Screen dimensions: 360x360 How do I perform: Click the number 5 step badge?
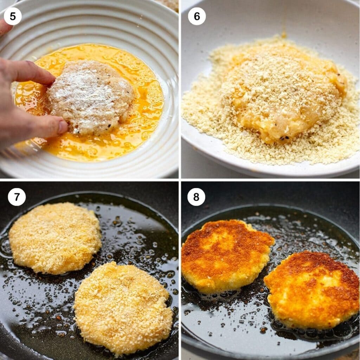pyautogui.click(x=13, y=16)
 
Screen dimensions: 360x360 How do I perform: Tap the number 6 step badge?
pyautogui.click(x=197, y=16)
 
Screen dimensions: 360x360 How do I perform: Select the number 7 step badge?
pyautogui.click(x=17, y=197)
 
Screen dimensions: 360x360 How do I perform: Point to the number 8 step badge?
pyautogui.click(x=196, y=197)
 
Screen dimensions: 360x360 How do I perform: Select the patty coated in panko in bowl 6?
pyautogui.click(x=281, y=91)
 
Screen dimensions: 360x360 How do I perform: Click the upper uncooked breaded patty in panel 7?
pyautogui.click(x=55, y=238)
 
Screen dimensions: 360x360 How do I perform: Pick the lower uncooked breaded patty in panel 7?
pyautogui.click(x=123, y=308)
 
